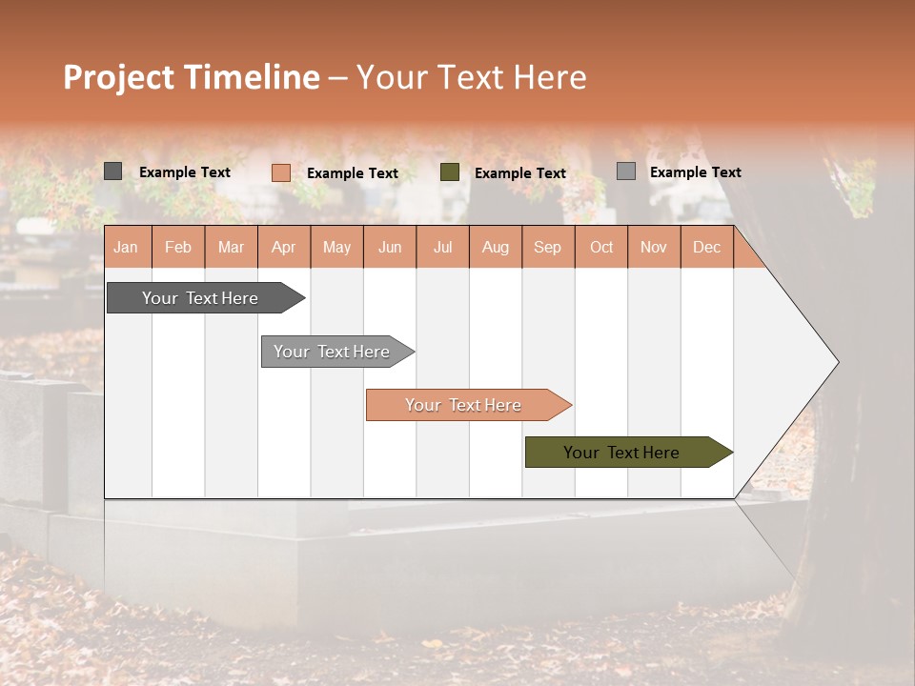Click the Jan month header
pos(126,247)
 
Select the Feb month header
pos(178,247)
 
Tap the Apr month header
pos(284,247)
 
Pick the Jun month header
pos(390,247)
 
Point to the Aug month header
pos(496,247)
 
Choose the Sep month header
pos(548,247)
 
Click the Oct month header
pos(601,247)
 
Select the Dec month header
pos(707,247)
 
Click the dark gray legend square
pos(112,171)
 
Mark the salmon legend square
pos(280,172)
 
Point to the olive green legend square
pos(450,172)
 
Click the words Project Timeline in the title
pos(192,77)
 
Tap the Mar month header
pos(231,247)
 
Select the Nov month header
pos(654,247)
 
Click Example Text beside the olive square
pos(520,173)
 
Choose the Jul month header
pos(443,247)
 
